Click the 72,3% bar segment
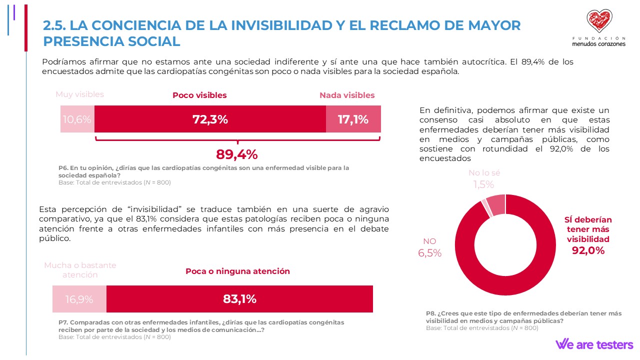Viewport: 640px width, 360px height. tap(210, 119)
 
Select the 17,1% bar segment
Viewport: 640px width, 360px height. tap(353, 119)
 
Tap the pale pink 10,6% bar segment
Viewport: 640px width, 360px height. tap(77, 119)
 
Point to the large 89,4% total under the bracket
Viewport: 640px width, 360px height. tap(236, 154)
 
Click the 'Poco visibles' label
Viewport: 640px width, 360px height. tap(199, 95)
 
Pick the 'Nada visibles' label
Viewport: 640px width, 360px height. tap(347, 95)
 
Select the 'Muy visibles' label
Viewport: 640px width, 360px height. tap(79, 94)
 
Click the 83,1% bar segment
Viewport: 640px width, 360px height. tap(239, 299)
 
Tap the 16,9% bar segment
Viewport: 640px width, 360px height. tap(79, 299)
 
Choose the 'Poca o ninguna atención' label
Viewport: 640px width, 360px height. tap(237, 271)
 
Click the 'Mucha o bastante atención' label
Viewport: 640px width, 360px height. tap(80, 270)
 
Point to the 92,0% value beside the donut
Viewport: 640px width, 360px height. tap(588, 250)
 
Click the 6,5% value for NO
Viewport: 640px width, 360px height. tap(429, 253)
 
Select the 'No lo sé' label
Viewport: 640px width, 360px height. tap(484, 173)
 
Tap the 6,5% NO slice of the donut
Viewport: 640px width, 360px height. tap(496, 203)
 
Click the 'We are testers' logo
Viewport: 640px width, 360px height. tap(594, 344)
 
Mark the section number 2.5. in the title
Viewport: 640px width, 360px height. tap(54, 25)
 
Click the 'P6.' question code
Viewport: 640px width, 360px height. tap(63, 168)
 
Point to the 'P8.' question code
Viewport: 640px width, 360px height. tap(431, 313)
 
